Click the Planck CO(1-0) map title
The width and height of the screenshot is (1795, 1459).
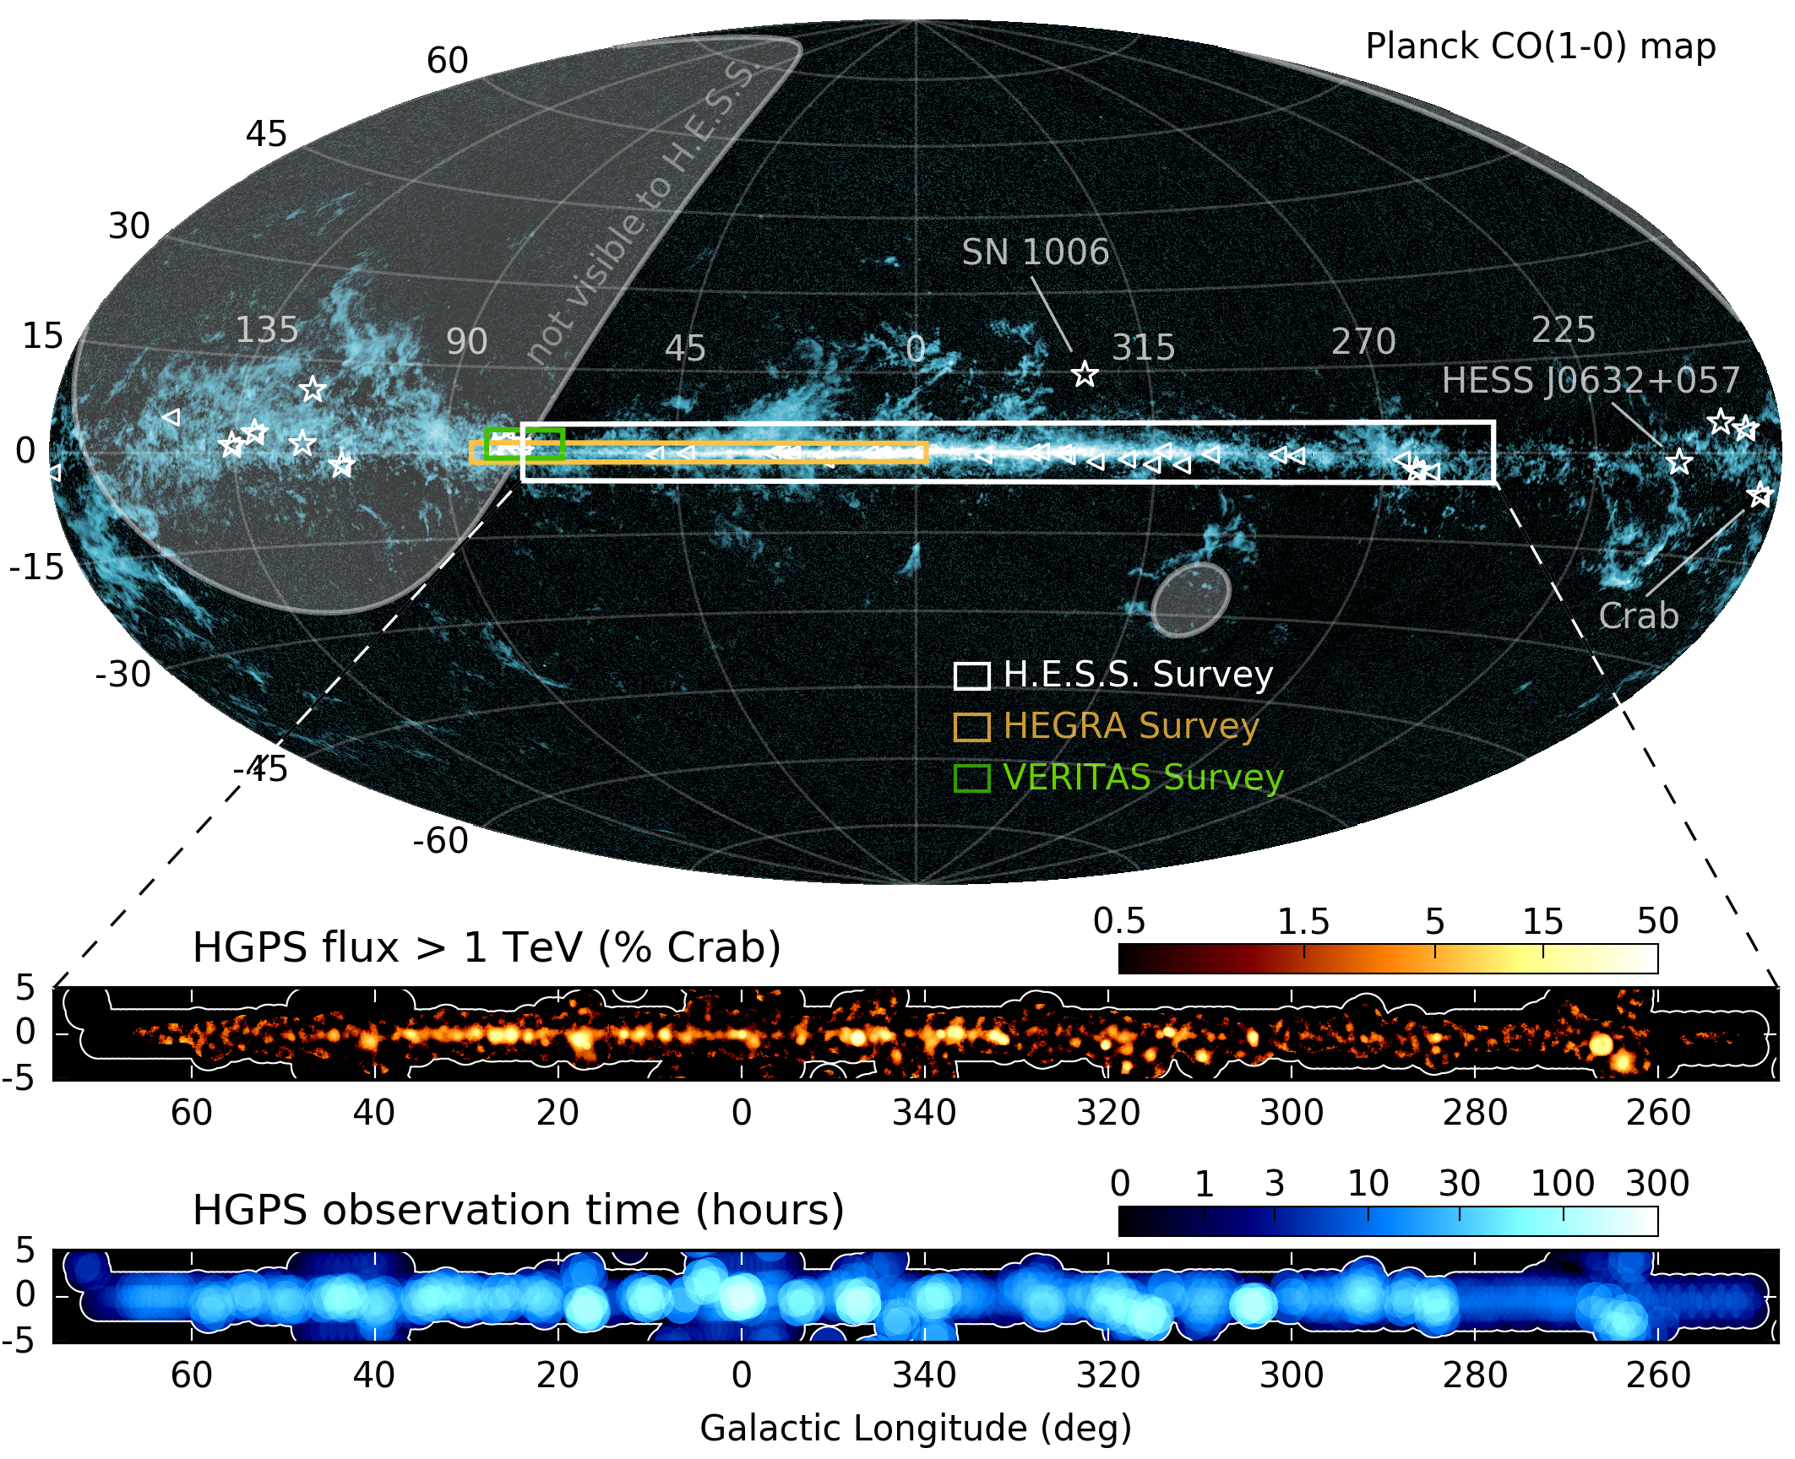pyautogui.click(x=1540, y=46)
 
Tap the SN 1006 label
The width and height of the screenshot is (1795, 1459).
pyautogui.click(x=1035, y=252)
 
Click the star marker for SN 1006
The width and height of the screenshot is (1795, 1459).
pyautogui.click(x=1085, y=373)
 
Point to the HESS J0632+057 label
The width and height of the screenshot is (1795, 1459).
pyautogui.click(x=1590, y=381)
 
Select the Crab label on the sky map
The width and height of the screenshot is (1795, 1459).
pyautogui.click(x=1638, y=616)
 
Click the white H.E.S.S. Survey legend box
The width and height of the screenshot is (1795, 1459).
pyautogui.click(x=971, y=676)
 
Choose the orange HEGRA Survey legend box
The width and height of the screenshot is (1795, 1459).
pyautogui.click(x=971, y=727)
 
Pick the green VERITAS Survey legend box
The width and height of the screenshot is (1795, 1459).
pyautogui.click(x=971, y=778)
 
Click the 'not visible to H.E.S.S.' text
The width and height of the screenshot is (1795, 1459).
pyautogui.click(x=642, y=211)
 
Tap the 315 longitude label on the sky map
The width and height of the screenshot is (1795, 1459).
pyautogui.click(x=1143, y=348)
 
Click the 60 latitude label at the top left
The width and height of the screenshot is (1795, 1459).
pyautogui.click(x=447, y=61)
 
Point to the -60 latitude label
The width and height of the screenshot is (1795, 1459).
pyautogui.click(x=440, y=841)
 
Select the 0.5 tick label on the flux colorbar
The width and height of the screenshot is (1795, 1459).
pyautogui.click(x=1119, y=921)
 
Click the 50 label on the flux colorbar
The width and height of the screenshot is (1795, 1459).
pyautogui.click(x=1657, y=921)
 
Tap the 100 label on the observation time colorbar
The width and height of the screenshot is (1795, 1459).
pyautogui.click(x=1563, y=1184)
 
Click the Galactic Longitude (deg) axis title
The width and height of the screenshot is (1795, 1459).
pyautogui.click(x=916, y=1429)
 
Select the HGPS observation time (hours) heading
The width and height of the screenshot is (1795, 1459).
pyautogui.click(x=518, y=1210)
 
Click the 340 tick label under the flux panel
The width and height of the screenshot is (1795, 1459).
pyautogui.click(x=924, y=1113)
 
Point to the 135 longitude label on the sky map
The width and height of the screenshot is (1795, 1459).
pyautogui.click(x=266, y=330)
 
